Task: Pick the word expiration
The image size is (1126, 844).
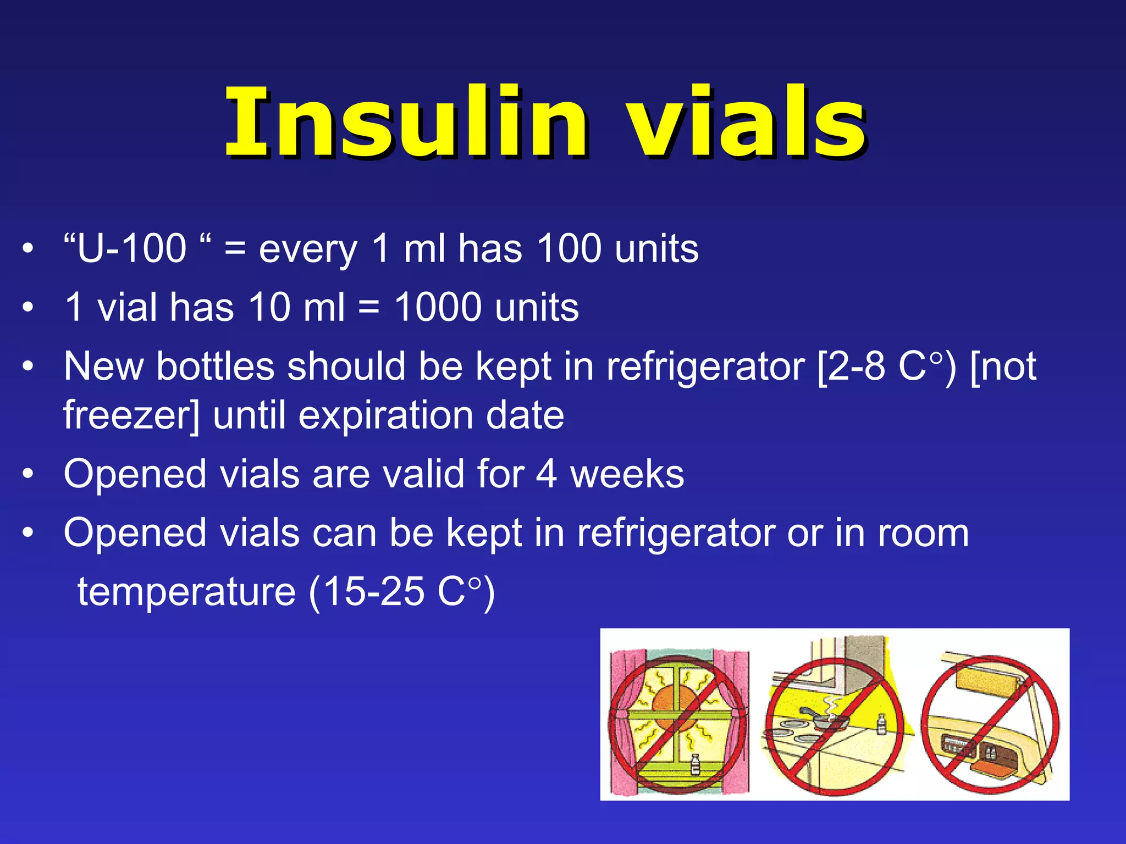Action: tap(385, 415)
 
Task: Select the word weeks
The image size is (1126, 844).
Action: tap(627, 474)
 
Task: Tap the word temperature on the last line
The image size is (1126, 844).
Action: tap(186, 592)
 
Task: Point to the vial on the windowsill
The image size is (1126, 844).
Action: tap(694, 764)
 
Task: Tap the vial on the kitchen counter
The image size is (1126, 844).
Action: tap(881, 723)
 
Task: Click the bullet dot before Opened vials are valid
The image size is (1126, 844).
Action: tap(29, 474)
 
